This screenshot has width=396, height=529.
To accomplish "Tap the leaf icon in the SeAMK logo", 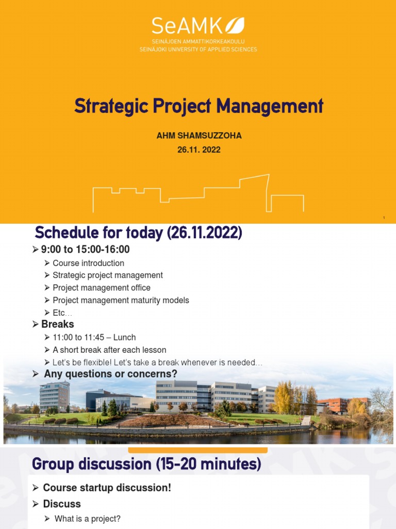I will coord(235,26).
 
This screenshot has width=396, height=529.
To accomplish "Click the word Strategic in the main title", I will coord(106,106).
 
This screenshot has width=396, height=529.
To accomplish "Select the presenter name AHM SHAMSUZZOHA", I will coord(199,136).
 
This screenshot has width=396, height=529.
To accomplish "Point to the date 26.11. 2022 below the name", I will coord(199,150).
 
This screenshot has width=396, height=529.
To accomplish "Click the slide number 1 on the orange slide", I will coord(384,218).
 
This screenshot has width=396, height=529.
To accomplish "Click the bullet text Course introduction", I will coord(88,263).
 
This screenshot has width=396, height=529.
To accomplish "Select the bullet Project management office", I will coord(101,288).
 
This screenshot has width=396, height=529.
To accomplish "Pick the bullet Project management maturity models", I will coord(121,300).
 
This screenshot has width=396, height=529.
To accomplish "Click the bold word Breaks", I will coord(57,324).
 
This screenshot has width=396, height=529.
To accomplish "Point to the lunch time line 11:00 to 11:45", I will coord(94,337).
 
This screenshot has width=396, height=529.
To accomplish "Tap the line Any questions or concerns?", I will coord(110,374).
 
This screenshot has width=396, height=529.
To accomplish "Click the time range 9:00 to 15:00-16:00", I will coord(85,250).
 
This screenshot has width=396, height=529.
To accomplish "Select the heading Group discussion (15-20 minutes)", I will coord(146,464).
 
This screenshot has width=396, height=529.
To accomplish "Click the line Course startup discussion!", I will coord(107,488).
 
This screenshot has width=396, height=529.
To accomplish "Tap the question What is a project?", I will coord(87,519).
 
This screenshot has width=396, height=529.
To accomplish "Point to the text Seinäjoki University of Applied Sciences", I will coord(198,50).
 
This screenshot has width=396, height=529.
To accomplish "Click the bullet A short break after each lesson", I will coord(109,350).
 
